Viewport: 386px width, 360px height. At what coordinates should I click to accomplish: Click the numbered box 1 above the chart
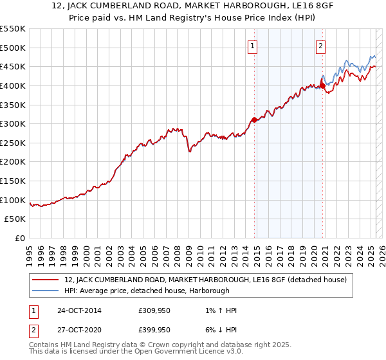coord(253,46)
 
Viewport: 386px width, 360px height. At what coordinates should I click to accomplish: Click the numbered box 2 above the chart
coord(320,46)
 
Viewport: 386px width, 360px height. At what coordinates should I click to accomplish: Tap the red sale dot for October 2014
coord(255,119)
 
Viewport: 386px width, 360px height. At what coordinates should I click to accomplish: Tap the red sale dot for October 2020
coord(322,85)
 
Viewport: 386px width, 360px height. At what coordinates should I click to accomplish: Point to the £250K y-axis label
coord(13,143)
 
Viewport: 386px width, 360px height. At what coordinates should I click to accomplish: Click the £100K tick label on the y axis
coord(13,200)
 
